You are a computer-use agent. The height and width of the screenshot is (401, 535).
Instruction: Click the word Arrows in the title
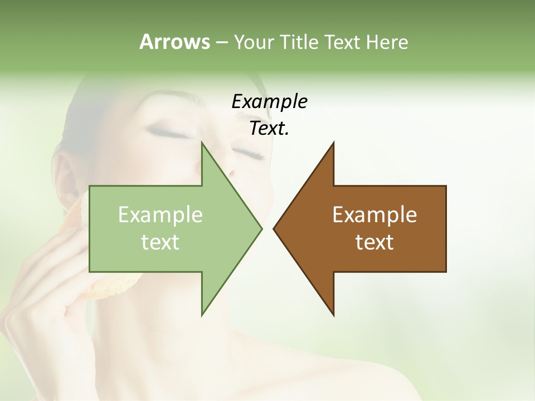point(174,42)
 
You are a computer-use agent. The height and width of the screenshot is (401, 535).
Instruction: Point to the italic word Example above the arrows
point(269,102)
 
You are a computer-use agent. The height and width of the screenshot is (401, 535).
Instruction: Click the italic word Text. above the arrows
point(269,129)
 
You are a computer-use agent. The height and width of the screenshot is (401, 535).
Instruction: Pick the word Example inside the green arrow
point(160,215)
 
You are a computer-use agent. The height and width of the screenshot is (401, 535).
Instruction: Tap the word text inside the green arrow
point(160,242)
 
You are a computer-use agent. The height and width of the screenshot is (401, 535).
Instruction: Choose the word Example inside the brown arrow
point(374,215)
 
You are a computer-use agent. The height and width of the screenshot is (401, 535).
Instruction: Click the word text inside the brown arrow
point(374,242)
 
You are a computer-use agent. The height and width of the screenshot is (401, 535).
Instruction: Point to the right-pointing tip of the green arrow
point(261,228)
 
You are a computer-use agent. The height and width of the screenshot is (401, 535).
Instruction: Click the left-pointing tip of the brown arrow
point(274,228)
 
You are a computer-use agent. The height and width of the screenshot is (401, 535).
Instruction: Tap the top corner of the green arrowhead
point(202,144)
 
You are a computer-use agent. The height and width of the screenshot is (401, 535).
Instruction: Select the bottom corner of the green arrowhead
point(202,314)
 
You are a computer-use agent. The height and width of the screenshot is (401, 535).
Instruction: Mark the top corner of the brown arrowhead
point(333,144)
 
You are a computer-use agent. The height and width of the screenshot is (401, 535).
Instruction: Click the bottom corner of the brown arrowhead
point(333,314)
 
